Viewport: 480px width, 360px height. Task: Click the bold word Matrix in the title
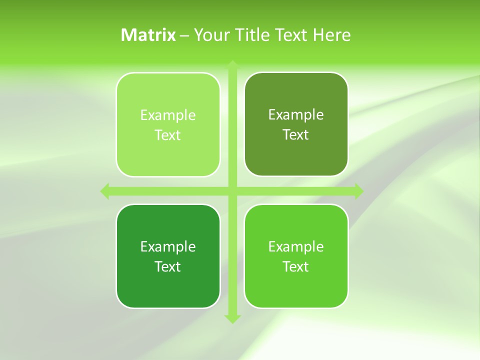point(148,35)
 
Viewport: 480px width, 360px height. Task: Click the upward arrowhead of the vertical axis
point(232,64)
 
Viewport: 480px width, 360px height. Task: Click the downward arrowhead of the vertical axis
point(232,318)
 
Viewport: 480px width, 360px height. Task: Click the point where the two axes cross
point(232,191)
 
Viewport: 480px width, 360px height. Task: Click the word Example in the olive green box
point(296,114)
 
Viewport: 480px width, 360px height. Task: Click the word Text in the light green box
point(168,135)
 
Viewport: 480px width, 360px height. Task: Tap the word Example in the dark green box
point(168,246)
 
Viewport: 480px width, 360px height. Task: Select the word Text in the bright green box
point(296,266)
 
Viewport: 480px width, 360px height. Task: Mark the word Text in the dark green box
point(168,266)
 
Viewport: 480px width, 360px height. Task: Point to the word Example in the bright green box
point(296,246)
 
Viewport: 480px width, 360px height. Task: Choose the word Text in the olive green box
point(296,134)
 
